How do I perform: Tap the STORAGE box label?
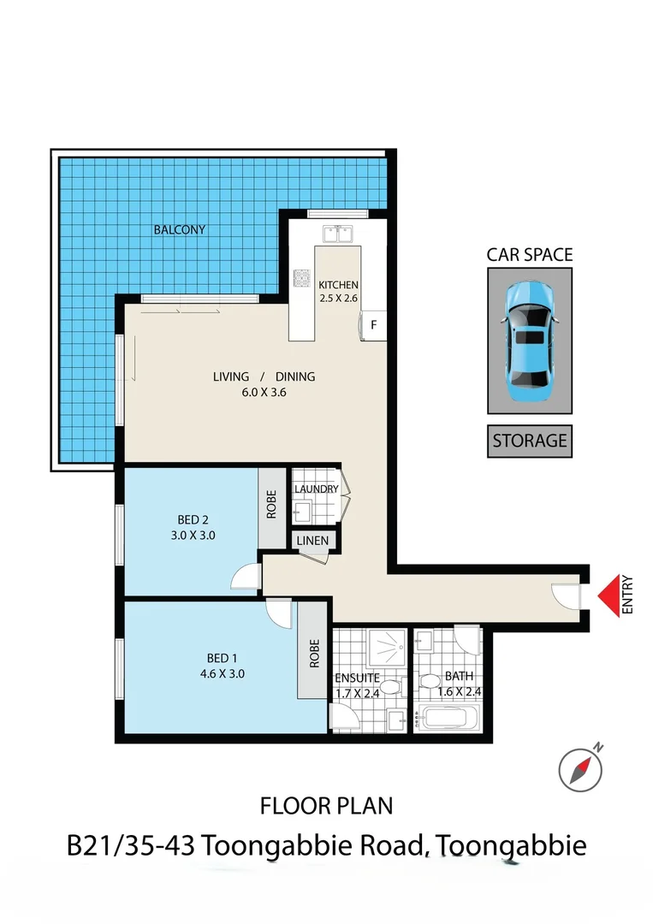(529, 441)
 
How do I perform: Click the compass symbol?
(580, 767)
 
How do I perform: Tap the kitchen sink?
(338, 233)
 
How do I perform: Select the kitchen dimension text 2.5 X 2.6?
(338, 299)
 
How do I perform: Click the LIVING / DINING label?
(264, 376)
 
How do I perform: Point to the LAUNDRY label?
(316, 489)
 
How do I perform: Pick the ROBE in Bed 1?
(314, 654)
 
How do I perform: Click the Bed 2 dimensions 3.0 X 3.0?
(193, 535)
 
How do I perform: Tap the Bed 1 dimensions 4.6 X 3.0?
(222, 672)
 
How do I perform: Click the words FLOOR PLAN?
(326, 805)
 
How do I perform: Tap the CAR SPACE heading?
(529, 254)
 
